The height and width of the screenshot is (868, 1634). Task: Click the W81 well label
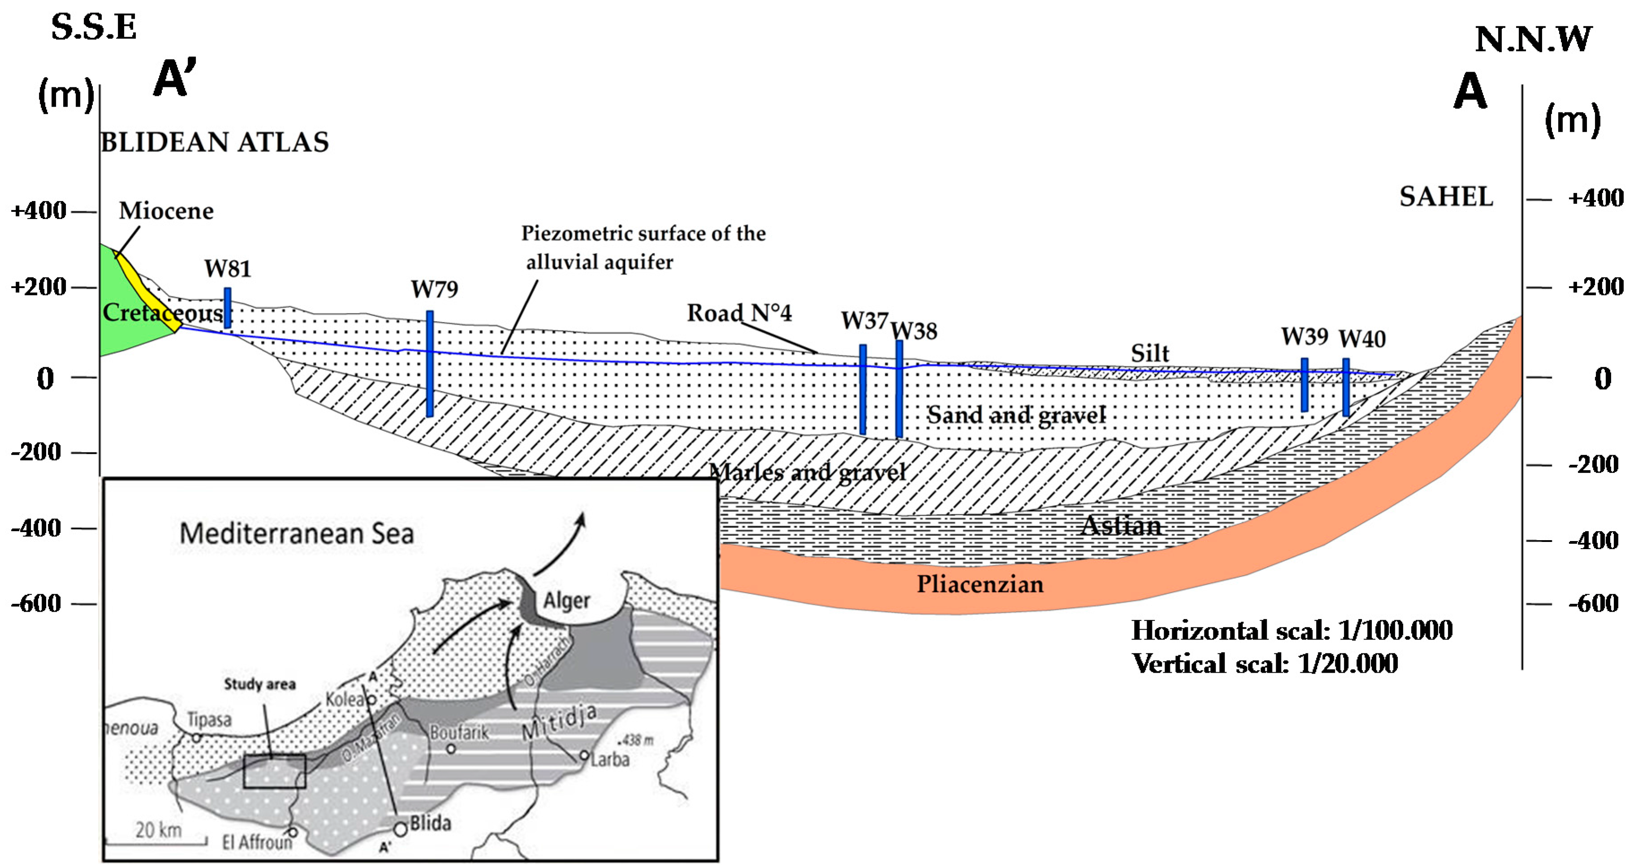pyautogui.click(x=228, y=269)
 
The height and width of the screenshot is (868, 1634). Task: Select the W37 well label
pyautogui.click(x=864, y=321)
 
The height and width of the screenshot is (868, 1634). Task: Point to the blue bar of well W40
pyautogui.click(x=1345, y=387)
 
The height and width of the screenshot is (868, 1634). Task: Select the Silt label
pyautogui.click(x=1149, y=353)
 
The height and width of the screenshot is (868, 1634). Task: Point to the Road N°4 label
pyautogui.click(x=739, y=313)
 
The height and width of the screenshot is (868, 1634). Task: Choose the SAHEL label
pyautogui.click(x=1446, y=197)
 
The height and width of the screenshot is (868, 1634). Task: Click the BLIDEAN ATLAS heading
pyautogui.click(x=215, y=142)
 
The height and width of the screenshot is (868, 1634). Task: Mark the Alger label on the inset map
pyautogui.click(x=566, y=600)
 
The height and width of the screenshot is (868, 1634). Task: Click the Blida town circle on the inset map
pyautogui.click(x=400, y=829)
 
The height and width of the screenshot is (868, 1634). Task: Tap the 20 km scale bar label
pyautogui.click(x=158, y=830)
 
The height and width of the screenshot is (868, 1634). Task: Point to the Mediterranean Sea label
pyautogui.click(x=297, y=533)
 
